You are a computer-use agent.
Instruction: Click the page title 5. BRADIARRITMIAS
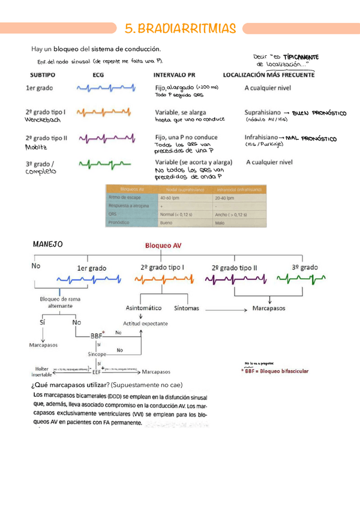pyautogui.click(x=179, y=28)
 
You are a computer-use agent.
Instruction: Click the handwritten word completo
pyautogui.click(x=40, y=172)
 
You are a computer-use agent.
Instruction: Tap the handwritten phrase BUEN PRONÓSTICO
pyautogui.click(x=314, y=112)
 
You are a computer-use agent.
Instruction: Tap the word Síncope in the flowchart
pyautogui.click(x=97, y=355)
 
